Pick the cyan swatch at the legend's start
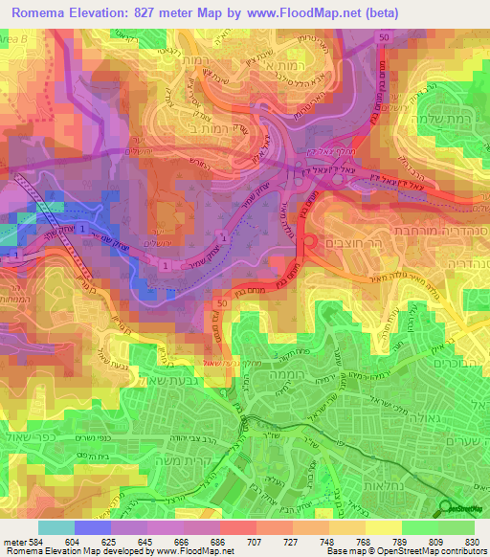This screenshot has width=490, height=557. point(56,527)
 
